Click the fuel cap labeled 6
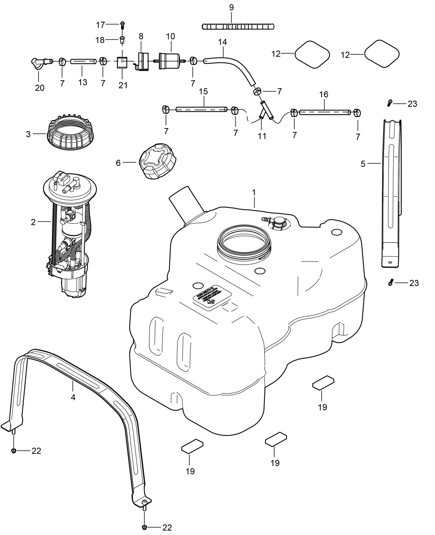[157, 161]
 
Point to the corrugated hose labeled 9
[238, 26]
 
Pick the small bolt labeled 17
[123, 25]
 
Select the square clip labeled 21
[122, 62]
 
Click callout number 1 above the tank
[254, 192]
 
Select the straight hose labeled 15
[202, 109]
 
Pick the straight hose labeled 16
[325, 112]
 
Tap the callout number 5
[363, 164]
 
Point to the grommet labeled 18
[122, 40]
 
